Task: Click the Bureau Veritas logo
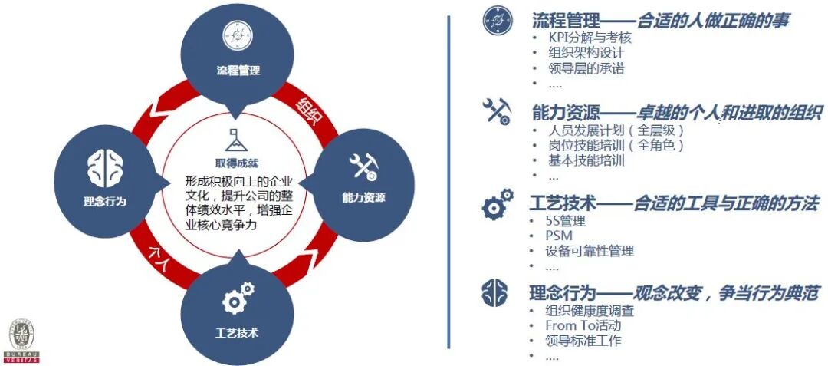pos(23,341)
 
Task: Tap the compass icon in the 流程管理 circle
pos(237,34)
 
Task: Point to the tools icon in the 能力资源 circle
pos(363,167)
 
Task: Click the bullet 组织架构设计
pos(586,53)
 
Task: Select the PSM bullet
pos(559,236)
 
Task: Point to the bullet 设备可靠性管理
pos(591,251)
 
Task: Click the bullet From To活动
pos(583,326)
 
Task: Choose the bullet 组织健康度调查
pos(591,311)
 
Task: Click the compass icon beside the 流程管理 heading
pos(497,20)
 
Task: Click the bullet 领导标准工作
pos(583,341)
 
